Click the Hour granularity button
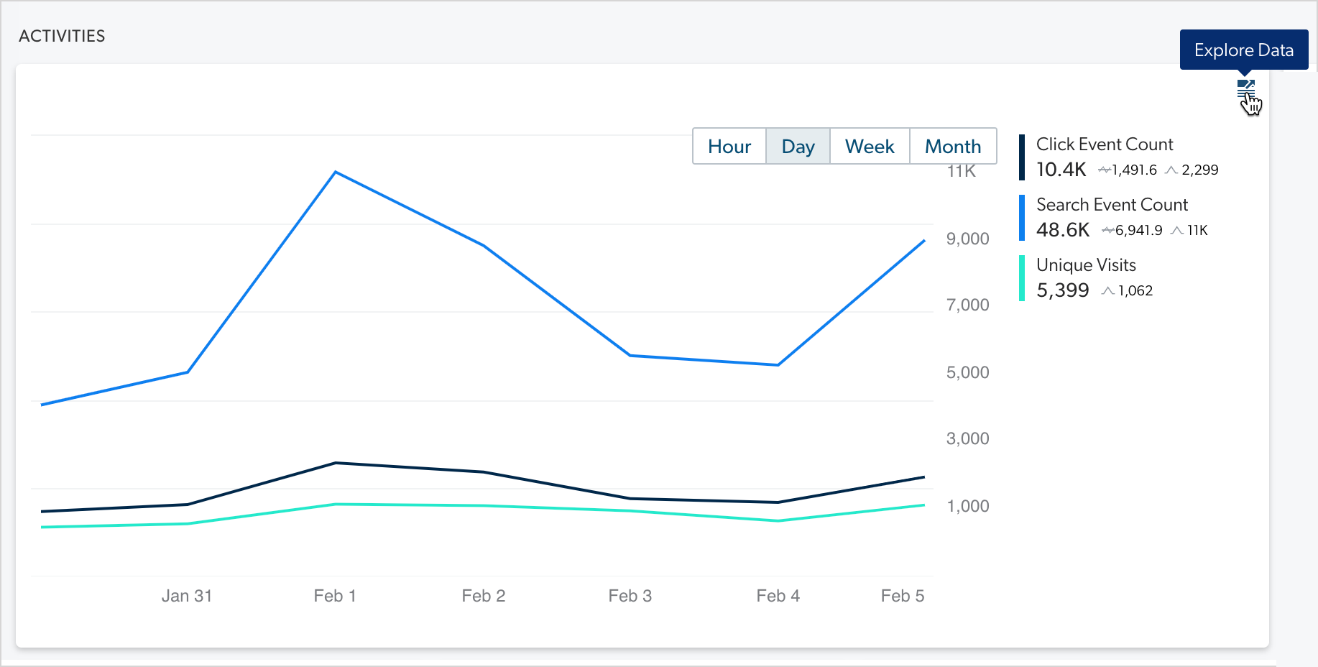tap(729, 147)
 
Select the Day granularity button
tap(798, 147)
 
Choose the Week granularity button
tap(869, 147)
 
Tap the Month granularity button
tap(952, 147)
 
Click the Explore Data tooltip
tap(1243, 50)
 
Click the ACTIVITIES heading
tap(62, 36)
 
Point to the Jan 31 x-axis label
tap(187, 596)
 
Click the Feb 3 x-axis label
tap(630, 596)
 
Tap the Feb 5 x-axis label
tap(902, 596)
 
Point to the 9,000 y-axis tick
tap(967, 239)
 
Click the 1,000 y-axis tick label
tap(967, 506)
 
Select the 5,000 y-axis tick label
tap(967, 372)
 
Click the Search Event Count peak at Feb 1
tap(336, 172)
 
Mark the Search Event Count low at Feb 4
tap(778, 365)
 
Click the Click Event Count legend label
tap(1104, 144)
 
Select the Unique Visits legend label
tap(1085, 265)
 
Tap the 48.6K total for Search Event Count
tap(1062, 230)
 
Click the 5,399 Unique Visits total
tap(1062, 290)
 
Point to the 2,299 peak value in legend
tap(1199, 170)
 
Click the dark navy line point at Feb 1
tap(336, 463)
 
